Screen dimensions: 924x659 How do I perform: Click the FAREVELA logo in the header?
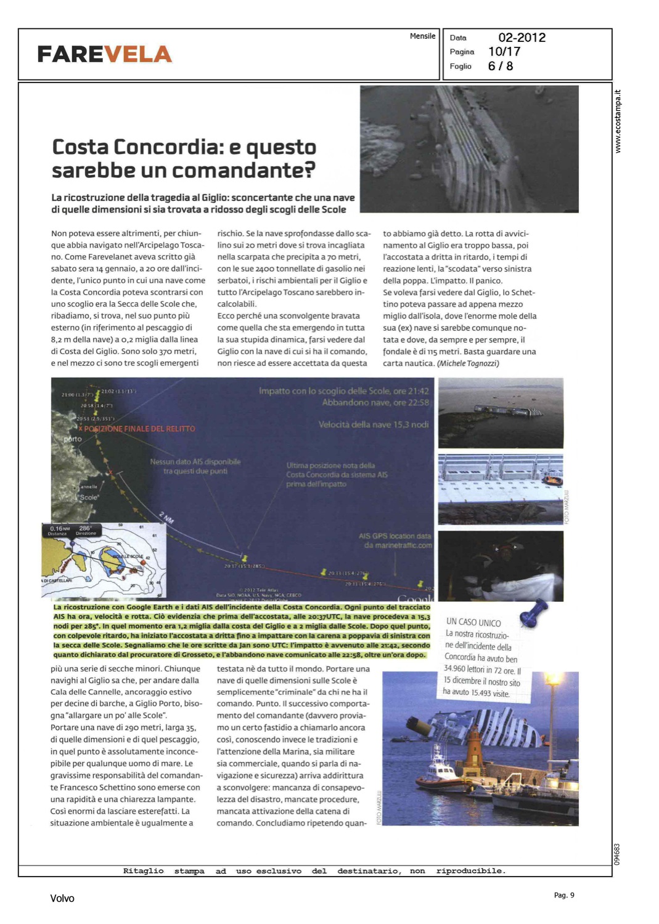click(104, 54)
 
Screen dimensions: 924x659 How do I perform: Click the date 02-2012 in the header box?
click(522, 38)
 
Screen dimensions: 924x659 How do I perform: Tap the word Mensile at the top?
click(422, 36)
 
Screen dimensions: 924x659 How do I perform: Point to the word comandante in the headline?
click(250, 170)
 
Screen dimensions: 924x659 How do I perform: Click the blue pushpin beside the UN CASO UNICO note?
click(533, 612)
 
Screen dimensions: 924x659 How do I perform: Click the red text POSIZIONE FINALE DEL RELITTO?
click(139, 429)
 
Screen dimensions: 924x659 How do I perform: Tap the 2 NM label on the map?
click(166, 517)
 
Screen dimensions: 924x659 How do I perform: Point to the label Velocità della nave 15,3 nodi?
click(373, 424)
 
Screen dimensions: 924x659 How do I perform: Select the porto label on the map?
click(73, 439)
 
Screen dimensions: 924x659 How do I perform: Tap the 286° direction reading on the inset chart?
click(85, 528)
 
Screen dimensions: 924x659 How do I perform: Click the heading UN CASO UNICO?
click(473, 622)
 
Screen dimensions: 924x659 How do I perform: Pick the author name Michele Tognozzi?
click(469, 363)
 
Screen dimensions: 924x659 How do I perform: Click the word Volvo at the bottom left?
click(62, 898)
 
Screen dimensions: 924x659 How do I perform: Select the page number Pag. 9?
click(563, 895)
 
